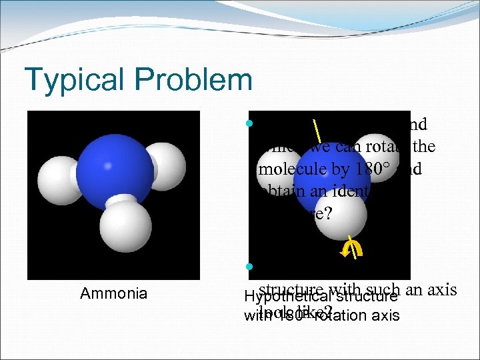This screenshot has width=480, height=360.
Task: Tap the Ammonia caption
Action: pyautogui.click(x=113, y=293)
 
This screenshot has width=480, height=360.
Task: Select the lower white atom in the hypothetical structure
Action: pyautogui.click(x=340, y=217)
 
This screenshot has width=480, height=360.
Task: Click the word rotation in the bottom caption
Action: pyautogui.click(x=343, y=315)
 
